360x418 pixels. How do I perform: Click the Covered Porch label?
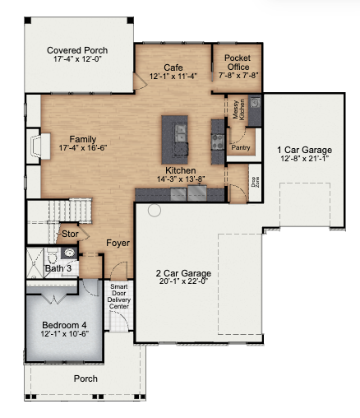(77, 50)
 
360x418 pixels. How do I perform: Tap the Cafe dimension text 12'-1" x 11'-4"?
(173, 77)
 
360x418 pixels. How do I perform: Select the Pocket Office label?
(238, 63)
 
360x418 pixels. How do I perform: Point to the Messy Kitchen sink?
(255, 102)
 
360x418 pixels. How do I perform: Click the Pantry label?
(241, 147)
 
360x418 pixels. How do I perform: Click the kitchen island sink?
(181, 132)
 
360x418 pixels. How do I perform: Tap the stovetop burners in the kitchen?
(218, 142)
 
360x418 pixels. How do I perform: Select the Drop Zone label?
(255, 182)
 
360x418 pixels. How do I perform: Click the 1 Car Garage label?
(304, 150)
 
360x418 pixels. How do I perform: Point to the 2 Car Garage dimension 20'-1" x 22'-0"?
(183, 281)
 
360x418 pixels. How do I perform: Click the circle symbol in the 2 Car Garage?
(155, 211)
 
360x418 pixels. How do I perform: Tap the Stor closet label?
(70, 234)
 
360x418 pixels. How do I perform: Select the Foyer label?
(118, 243)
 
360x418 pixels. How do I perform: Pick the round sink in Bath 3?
(70, 253)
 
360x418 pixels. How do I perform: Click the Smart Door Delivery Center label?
(119, 296)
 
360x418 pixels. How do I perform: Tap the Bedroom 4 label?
(64, 325)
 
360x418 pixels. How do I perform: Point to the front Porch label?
(85, 379)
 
